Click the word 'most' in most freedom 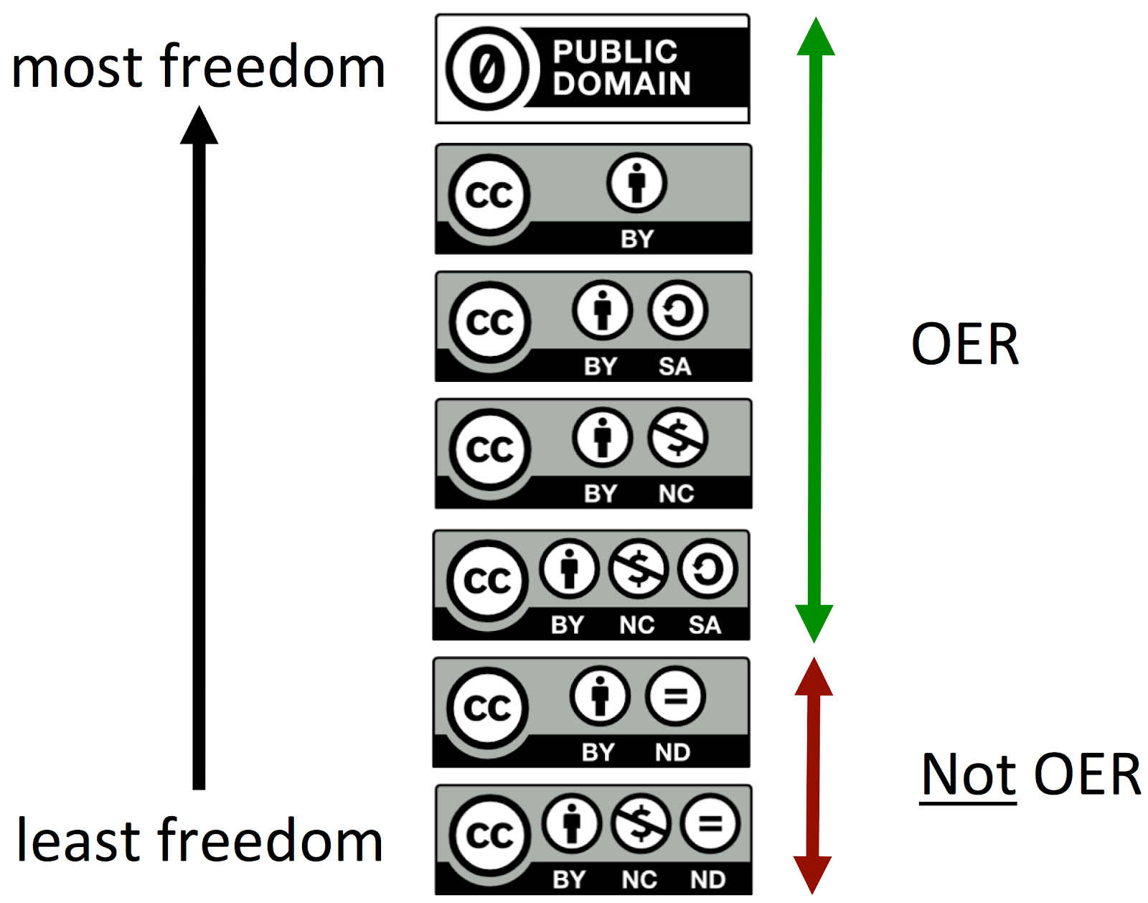[77, 68]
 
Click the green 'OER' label [965, 345]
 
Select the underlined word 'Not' [969, 775]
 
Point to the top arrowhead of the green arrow [816, 37]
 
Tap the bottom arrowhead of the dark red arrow [812, 874]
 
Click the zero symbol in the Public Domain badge [488, 69]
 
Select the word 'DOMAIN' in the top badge [621, 84]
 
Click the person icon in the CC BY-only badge [636, 183]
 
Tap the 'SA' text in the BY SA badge [674, 367]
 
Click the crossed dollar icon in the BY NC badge [677, 437]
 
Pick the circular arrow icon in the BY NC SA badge [707, 569]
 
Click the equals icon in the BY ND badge [674, 696]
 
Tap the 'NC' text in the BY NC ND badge [639, 880]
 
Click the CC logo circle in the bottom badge [490, 835]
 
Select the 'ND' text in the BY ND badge [672, 752]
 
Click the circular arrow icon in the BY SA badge [677, 311]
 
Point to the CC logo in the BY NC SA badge [488, 580]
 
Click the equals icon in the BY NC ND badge [710, 824]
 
